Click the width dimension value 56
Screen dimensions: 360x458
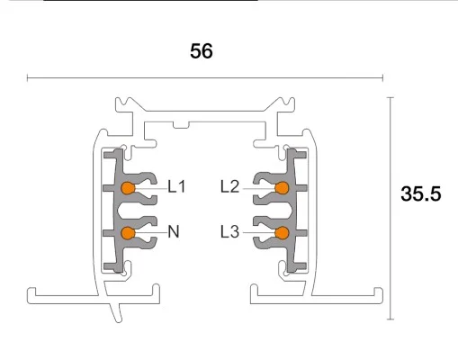click(202, 51)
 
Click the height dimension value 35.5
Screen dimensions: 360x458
click(421, 193)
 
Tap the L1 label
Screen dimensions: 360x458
click(176, 187)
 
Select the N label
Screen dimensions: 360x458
click(174, 232)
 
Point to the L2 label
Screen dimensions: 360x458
click(229, 187)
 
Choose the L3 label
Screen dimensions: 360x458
click(229, 232)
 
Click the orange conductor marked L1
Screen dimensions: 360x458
click(128, 188)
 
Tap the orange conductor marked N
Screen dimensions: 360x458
click(128, 233)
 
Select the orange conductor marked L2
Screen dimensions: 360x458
click(282, 188)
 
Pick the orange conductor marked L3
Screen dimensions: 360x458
click(282, 233)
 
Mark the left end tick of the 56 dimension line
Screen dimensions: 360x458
click(27, 78)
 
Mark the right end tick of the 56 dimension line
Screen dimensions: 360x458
click(382, 78)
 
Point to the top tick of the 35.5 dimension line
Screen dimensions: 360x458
click(391, 96)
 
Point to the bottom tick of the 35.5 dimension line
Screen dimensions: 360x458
click(391, 319)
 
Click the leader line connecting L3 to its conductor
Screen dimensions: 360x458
click(258, 233)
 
